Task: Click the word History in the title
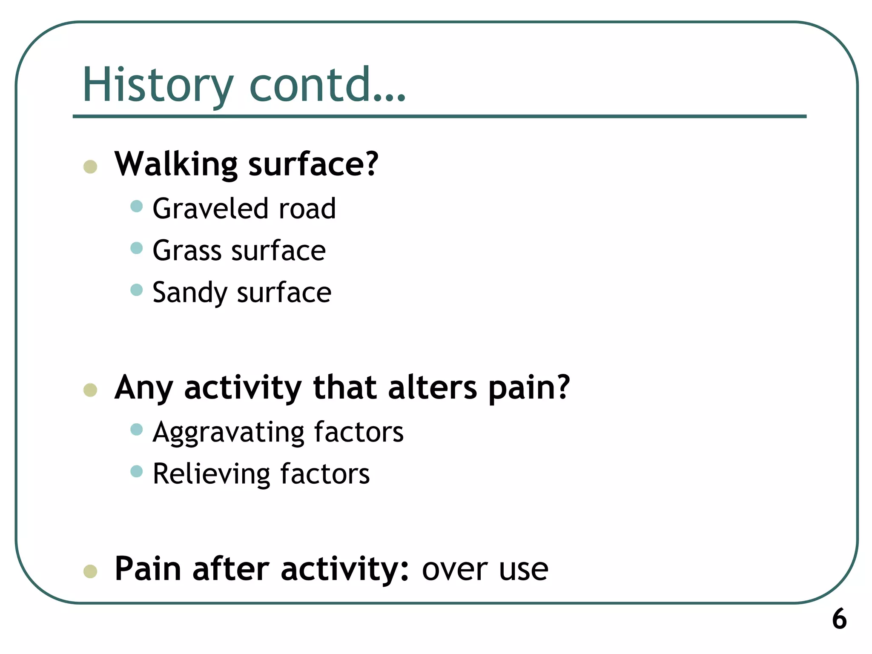pos(158,85)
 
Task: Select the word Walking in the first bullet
pos(176,164)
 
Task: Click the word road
pos(307,209)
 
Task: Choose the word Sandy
pos(190,293)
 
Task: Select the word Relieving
pos(211,474)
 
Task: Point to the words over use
pos(485,570)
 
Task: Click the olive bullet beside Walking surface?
pos(90,166)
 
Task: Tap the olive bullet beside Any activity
pos(90,390)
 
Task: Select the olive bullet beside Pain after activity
pos(90,571)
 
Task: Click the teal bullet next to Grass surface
pos(136,248)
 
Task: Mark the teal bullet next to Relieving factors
pos(136,471)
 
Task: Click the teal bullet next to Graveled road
pos(136,206)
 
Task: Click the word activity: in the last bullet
pos(344,570)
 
